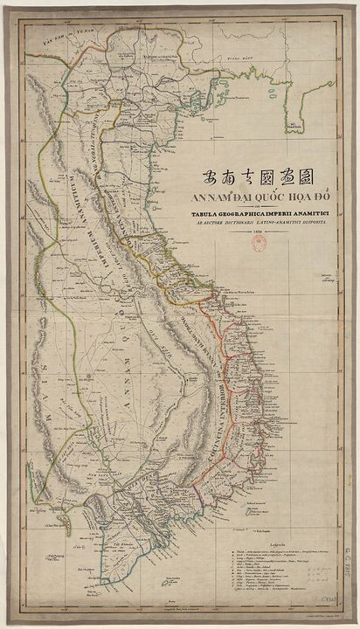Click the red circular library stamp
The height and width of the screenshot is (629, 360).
[x=260, y=245]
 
